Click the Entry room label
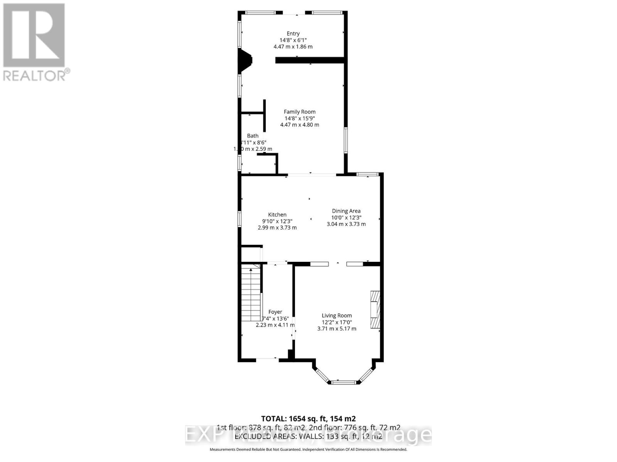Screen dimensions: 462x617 [293, 33]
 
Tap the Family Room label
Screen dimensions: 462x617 [300, 112]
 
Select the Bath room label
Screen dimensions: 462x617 [253, 136]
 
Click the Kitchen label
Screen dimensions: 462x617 [277, 214]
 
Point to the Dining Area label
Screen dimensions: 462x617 [346, 211]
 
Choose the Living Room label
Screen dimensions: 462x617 [337, 315]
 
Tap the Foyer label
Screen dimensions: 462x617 [275, 312]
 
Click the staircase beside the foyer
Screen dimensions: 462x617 [251, 293]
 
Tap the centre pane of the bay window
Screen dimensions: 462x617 [344, 382]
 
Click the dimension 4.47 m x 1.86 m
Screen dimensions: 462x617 [293, 47]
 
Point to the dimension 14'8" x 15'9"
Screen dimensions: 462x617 [300, 118]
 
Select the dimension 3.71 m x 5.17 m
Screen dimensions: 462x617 [337, 328]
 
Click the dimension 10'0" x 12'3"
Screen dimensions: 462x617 [346, 217]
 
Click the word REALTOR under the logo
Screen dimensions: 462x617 [34, 75]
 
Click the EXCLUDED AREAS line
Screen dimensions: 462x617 [308, 436]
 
